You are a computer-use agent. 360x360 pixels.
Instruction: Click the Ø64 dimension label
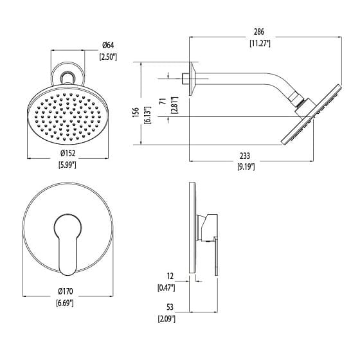[107, 44]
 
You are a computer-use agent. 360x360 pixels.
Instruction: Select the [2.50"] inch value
[107, 57]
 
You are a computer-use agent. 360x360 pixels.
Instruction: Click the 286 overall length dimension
[259, 32]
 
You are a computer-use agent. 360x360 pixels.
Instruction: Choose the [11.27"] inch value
[259, 44]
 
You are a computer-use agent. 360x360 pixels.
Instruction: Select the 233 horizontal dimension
[245, 155]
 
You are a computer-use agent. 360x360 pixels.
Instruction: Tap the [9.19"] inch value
[245, 167]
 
